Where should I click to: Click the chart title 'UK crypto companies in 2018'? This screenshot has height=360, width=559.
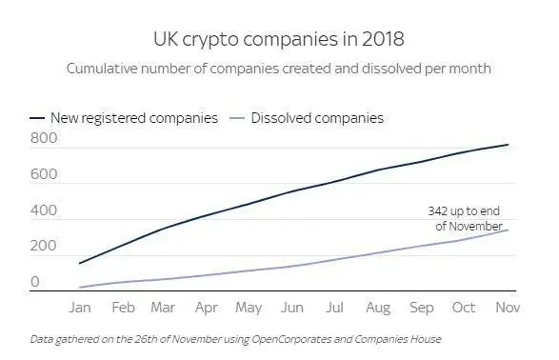tap(279, 39)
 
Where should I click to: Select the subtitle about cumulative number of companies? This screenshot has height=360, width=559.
tap(279, 70)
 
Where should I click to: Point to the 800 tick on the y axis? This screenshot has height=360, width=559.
tap(43, 139)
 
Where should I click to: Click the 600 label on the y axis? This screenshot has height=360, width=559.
tap(43, 175)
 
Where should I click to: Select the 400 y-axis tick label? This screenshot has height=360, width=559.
tap(43, 210)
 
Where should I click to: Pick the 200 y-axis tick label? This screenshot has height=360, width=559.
tap(43, 247)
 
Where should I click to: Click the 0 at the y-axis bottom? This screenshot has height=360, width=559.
tap(35, 282)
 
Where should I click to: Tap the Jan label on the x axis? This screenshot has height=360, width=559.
tap(79, 309)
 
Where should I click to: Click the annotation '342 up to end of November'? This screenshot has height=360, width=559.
tap(464, 218)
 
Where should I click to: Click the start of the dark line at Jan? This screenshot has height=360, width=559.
tap(79, 263)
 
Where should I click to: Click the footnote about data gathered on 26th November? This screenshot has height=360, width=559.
tap(235, 339)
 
